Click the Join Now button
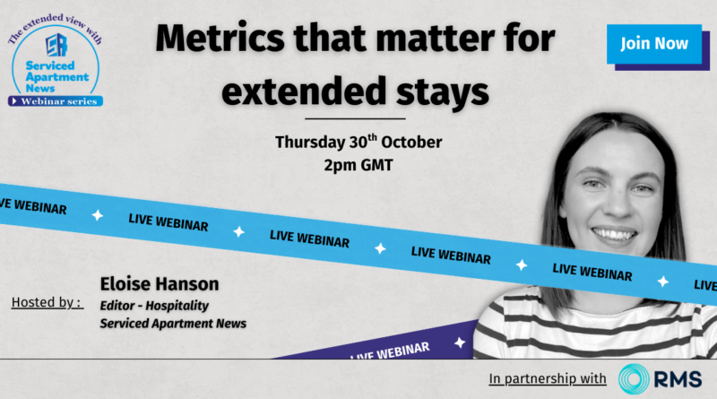click(654, 44)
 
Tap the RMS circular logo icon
click(634, 379)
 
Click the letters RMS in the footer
click(678, 379)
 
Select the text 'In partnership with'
click(548, 379)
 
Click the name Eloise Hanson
click(160, 283)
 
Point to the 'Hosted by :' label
click(48, 302)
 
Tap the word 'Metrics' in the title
click(220, 39)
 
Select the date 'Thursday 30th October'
click(358, 142)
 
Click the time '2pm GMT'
click(358, 165)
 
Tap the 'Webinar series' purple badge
click(56, 101)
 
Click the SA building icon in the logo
click(56, 45)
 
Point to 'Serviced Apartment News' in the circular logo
click(56, 76)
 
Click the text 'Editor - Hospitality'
click(154, 305)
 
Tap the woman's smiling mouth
click(614, 234)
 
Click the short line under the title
click(355, 118)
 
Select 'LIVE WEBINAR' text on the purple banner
click(390, 351)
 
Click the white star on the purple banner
click(460, 343)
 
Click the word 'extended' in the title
click(304, 91)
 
